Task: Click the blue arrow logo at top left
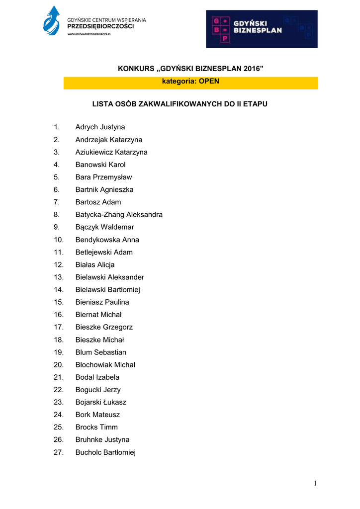click(x=51, y=21)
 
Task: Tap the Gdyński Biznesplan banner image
click(x=262, y=29)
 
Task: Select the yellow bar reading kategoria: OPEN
click(x=190, y=82)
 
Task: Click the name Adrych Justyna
click(x=100, y=127)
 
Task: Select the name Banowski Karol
click(x=100, y=165)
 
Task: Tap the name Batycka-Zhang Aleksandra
click(x=119, y=215)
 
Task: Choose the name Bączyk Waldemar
click(x=104, y=227)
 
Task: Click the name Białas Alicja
click(x=95, y=265)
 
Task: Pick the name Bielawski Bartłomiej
click(x=107, y=290)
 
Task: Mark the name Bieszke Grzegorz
click(x=104, y=327)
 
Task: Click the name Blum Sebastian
click(x=100, y=352)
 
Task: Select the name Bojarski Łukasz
click(x=100, y=402)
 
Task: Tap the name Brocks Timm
click(x=96, y=427)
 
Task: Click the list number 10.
click(x=59, y=240)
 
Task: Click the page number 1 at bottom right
click(x=315, y=483)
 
